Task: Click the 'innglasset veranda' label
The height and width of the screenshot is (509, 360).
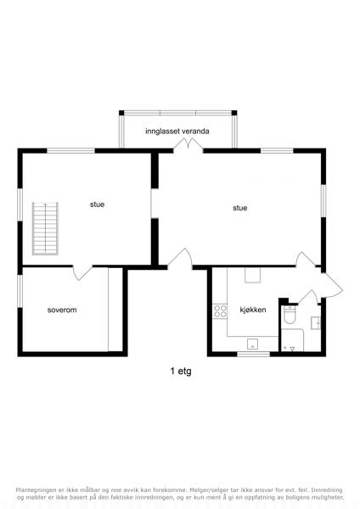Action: [177, 131]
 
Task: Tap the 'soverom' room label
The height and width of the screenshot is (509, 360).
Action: [62, 310]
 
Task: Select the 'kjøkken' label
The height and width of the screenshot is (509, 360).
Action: [253, 310]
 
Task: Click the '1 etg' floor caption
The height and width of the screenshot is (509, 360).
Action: [181, 371]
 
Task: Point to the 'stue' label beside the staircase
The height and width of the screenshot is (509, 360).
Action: [97, 204]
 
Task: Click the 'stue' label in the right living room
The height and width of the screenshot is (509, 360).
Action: [239, 208]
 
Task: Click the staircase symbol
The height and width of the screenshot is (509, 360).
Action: [45, 228]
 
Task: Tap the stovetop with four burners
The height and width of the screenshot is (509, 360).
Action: [220, 311]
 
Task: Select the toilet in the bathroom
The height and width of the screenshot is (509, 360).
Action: [290, 315]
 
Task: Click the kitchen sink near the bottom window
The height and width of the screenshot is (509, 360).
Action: [252, 344]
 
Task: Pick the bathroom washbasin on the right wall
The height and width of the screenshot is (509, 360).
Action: [316, 323]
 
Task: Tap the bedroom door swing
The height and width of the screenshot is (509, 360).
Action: [82, 272]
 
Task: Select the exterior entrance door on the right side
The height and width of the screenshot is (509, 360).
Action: [331, 285]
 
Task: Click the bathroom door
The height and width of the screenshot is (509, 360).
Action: [308, 297]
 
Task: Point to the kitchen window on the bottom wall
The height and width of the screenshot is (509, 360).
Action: [253, 354]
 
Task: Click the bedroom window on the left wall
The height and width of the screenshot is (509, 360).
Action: [20, 291]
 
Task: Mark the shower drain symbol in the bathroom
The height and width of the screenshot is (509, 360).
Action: [292, 349]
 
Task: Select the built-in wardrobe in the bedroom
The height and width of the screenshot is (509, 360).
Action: [115, 310]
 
